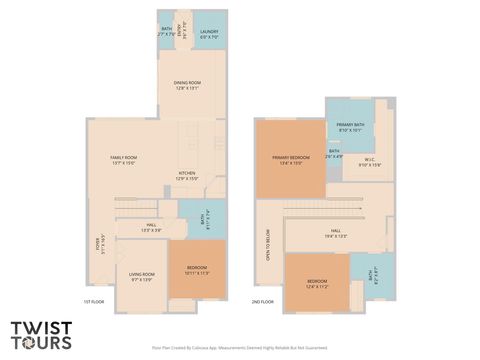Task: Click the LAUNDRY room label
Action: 209,32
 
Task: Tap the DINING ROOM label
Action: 188,83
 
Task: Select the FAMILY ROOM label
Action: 123,158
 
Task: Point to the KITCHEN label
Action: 187,173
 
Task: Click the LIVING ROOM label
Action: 142,274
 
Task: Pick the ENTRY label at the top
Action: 182,28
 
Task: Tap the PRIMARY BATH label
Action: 351,125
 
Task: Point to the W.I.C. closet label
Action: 369,159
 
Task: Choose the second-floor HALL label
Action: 335,233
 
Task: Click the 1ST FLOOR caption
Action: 93,301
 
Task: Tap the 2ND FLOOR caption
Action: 263,301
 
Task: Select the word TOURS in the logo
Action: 42,342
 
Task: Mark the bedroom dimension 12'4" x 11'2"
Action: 317,285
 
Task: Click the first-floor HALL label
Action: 151,225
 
